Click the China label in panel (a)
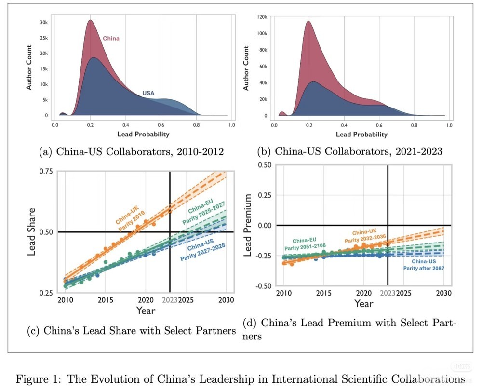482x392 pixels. [111, 38]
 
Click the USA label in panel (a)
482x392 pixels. [148, 93]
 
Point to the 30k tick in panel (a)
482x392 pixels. [43, 23]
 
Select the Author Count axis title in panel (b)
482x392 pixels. [246, 68]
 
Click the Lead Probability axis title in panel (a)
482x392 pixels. [141, 134]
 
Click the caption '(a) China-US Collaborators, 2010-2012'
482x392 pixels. [131, 152]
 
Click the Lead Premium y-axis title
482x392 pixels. [249, 226]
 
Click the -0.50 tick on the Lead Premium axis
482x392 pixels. [263, 285]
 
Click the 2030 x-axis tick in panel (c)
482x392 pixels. [226, 299]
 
